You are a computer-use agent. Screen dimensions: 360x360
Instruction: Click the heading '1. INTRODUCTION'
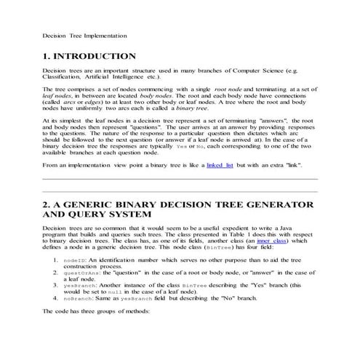coord(89,56)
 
